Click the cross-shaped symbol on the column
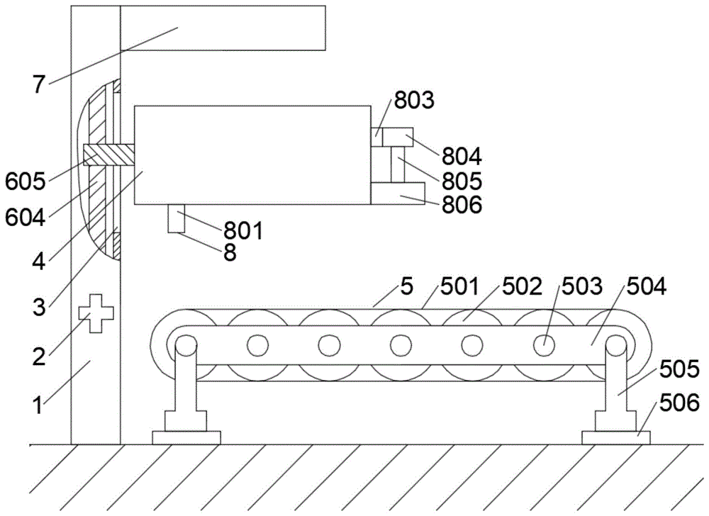coord(96,313)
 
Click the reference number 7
coord(39,84)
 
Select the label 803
coord(414,100)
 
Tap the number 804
coord(462,157)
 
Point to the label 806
coord(462,204)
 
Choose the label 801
coord(243,231)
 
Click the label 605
coord(26,182)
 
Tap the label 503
coord(582,286)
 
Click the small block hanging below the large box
coord(177,219)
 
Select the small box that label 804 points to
coord(398,137)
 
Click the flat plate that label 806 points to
coord(398,193)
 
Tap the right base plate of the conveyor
coord(616,437)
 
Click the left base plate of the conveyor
coord(186,437)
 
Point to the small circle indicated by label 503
coord(544,346)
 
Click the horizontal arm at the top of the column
coord(223,28)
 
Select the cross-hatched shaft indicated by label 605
coord(109,155)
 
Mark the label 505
coord(679,369)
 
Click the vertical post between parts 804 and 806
coord(398,164)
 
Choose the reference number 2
coord(39,357)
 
